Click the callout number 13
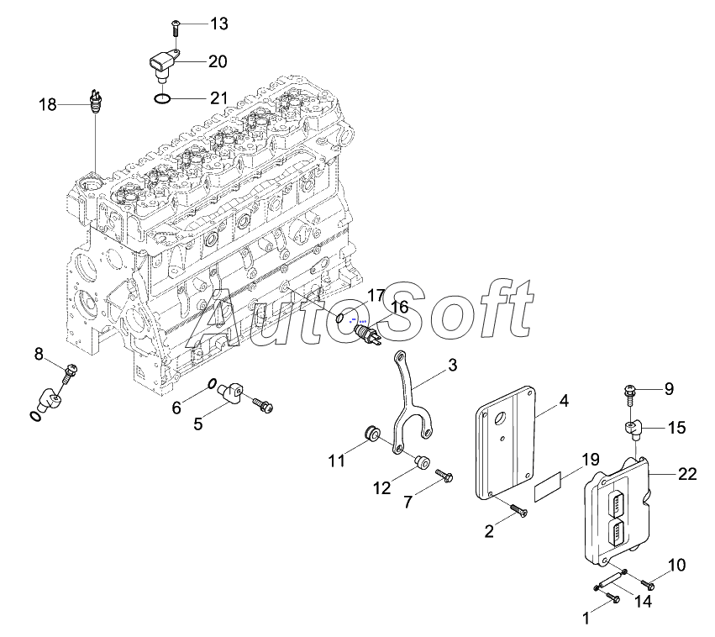[219, 24]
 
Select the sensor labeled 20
[164, 66]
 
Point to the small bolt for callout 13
[176, 28]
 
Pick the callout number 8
[39, 354]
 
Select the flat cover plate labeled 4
[505, 442]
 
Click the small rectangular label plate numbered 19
[549, 487]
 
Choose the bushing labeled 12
[420, 461]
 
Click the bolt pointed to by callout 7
[444, 476]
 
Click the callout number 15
[676, 427]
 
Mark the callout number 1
[586, 619]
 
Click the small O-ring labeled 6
[211, 384]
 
